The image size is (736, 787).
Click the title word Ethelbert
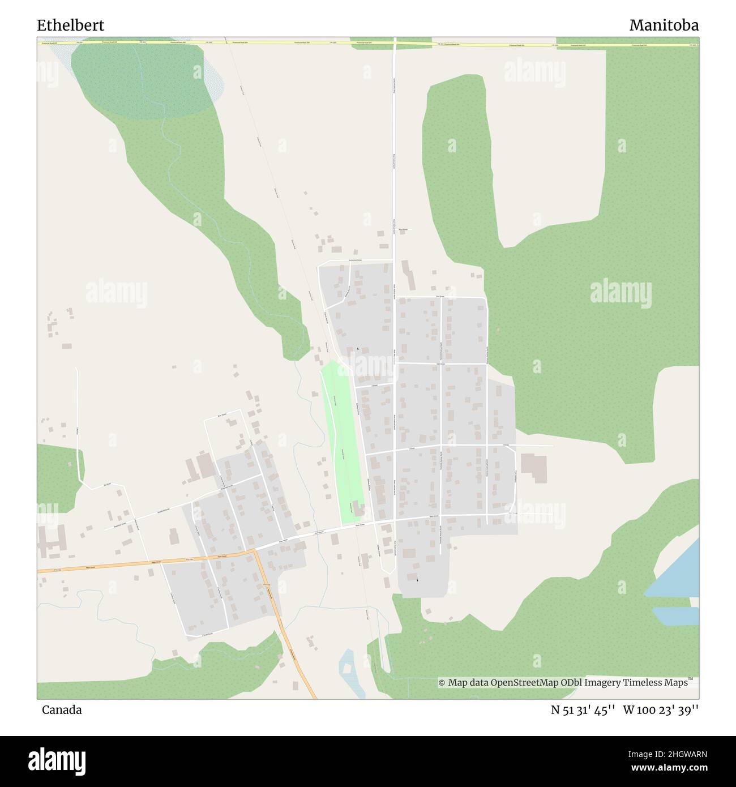70,25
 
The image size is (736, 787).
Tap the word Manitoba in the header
664,25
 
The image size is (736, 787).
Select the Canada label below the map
61,709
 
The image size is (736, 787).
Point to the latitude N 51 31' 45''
583,710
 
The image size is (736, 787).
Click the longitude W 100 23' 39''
661,710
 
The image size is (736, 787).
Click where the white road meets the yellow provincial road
395,43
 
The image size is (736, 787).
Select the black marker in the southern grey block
417,580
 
